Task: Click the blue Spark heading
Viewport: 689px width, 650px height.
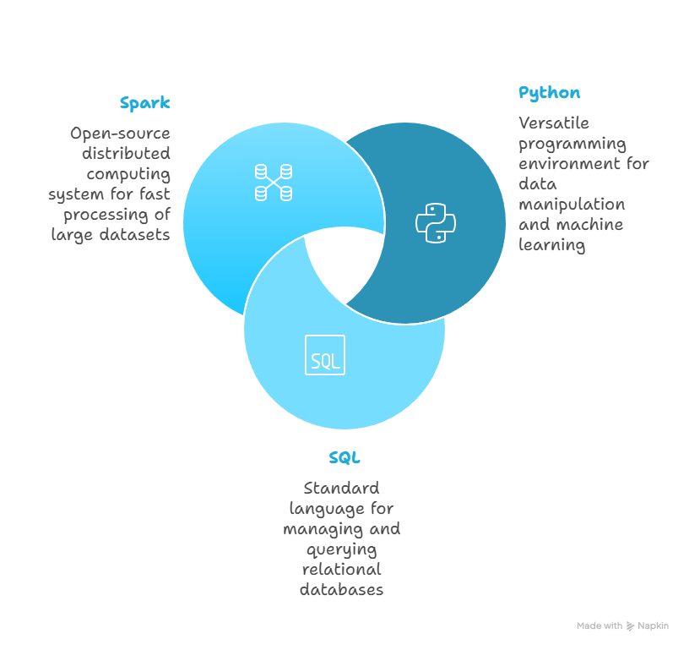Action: click(x=144, y=104)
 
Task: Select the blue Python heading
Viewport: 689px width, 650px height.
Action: click(x=549, y=93)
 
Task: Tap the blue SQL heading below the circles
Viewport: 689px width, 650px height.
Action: click(x=344, y=459)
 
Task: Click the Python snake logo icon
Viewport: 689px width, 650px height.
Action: click(x=436, y=222)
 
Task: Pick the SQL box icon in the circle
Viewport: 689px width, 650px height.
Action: click(x=325, y=356)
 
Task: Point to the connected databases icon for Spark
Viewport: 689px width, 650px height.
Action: click(x=274, y=182)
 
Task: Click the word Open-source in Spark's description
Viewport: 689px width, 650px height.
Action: click(x=120, y=134)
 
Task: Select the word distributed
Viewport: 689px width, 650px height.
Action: click(x=126, y=154)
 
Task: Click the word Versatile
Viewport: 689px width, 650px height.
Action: click(x=553, y=123)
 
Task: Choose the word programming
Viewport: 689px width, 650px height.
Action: click(x=572, y=144)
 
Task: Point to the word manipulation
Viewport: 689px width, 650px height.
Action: click(x=571, y=205)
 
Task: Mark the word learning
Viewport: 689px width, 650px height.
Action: click(x=551, y=245)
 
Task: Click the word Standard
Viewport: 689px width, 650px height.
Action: click(x=341, y=489)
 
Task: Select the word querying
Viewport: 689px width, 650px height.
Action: click(x=341, y=549)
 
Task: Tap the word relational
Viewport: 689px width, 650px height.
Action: click(x=341, y=570)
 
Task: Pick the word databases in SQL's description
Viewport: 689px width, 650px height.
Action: click(x=341, y=590)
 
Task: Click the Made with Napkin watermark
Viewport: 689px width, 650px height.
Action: click(x=622, y=626)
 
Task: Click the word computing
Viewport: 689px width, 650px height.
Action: click(x=128, y=174)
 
